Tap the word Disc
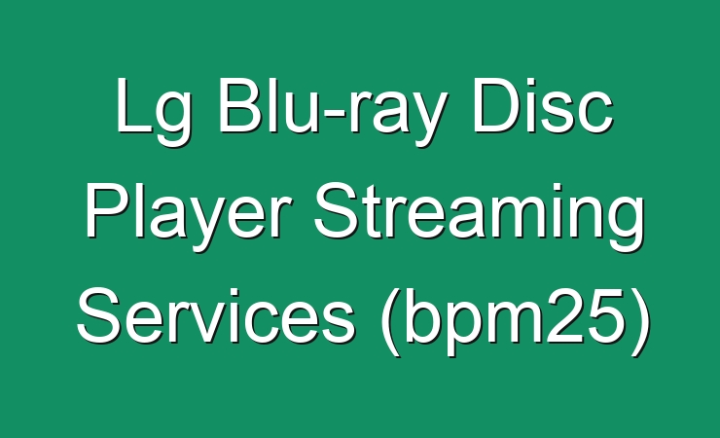[x=543, y=105]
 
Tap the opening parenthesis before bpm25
[x=391, y=321]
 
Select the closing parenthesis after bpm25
[x=641, y=321]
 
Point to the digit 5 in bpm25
[x=607, y=315]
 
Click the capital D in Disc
[x=496, y=105]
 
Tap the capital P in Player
[x=107, y=210]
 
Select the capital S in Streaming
[x=338, y=211]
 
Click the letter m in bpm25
[x=516, y=321]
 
